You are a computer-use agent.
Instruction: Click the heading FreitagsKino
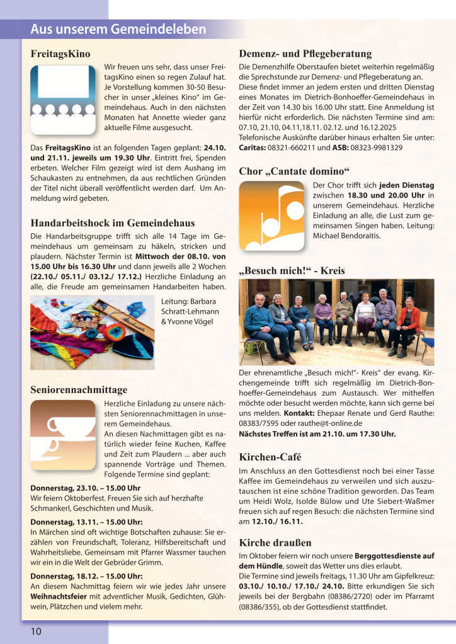60,53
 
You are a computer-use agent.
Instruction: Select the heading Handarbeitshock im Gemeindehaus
113,223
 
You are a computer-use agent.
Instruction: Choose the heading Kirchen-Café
270,457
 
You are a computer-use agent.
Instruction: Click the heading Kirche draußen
275,542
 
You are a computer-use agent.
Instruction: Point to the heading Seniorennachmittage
79,389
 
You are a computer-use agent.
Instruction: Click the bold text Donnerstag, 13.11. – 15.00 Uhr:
86,521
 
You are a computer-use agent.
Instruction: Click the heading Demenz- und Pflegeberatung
305,53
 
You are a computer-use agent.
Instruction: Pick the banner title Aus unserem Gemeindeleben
118,30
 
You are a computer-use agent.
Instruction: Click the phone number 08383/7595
262,423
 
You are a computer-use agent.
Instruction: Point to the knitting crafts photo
93,332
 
